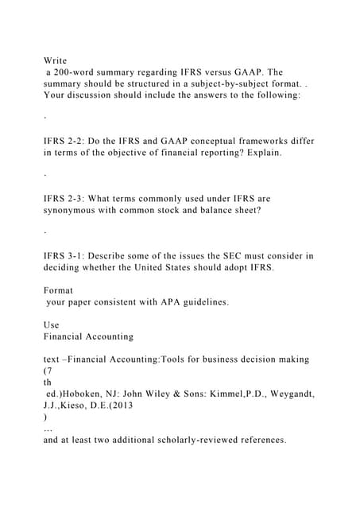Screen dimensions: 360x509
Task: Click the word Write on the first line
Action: (56, 60)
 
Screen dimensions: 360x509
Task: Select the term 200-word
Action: (76, 72)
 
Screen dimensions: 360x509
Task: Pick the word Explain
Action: (261, 152)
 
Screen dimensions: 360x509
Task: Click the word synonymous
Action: (73, 210)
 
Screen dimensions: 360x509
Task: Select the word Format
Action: (59, 291)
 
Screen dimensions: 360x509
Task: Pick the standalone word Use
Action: (51, 325)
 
